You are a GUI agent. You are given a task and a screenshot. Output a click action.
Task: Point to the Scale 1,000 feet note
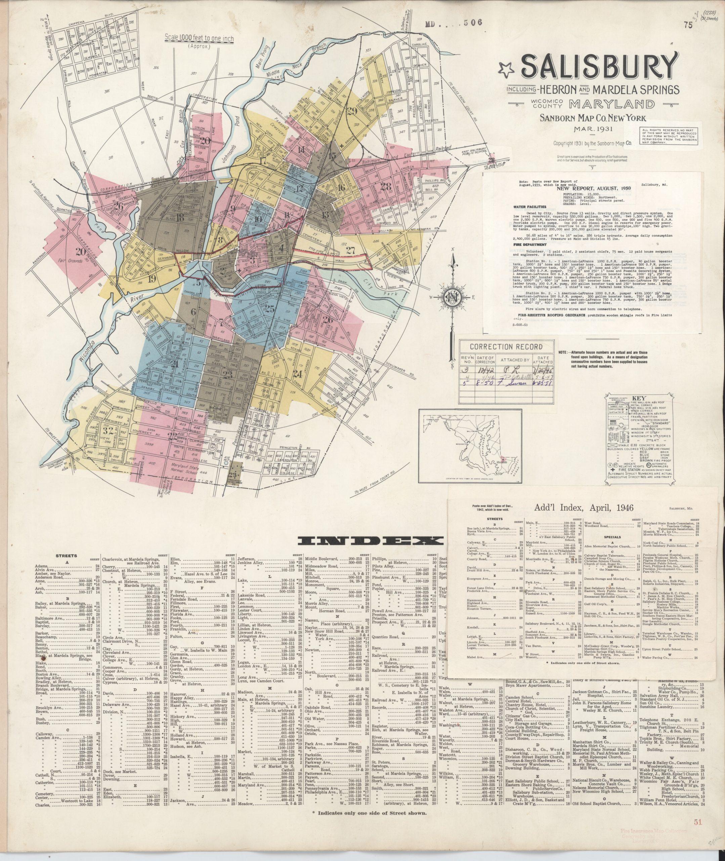pyautogui.click(x=199, y=39)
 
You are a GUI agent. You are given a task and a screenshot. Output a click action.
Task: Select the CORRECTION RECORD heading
pyautogui.click(x=506, y=346)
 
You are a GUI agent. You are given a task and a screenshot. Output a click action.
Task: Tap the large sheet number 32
pyautogui.click(x=109, y=431)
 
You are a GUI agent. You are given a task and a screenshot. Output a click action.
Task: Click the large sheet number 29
pyautogui.click(x=352, y=111)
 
